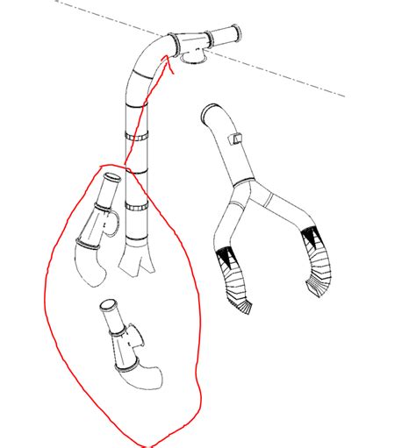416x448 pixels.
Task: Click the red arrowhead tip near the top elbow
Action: (x=167, y=57)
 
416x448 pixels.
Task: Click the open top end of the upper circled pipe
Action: (x=111, y=179)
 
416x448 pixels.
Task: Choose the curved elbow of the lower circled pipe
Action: (x=146, y=378)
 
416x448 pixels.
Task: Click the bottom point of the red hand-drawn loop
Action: (x=140, y=443)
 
